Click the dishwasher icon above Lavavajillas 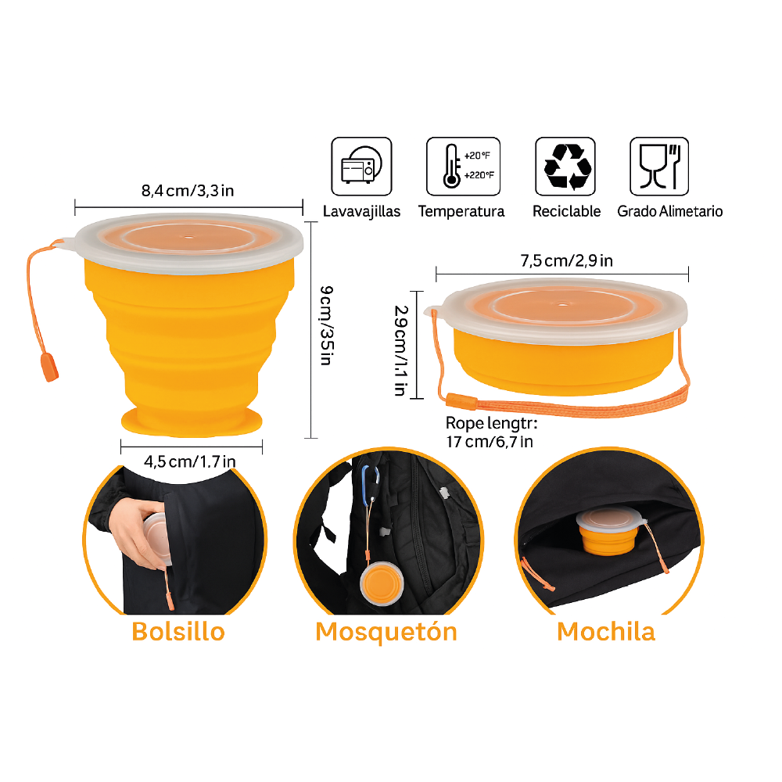coord(361,167)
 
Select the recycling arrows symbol coord(565,167)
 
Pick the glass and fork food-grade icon coord(659,167)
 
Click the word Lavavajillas coord(361,211)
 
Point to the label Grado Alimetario coord(669,211)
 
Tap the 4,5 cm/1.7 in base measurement coord(191,461)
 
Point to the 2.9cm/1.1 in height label coord(400,350)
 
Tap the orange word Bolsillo coord(178,631)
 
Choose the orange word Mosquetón coord(386,631)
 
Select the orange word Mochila coord(606,631)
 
